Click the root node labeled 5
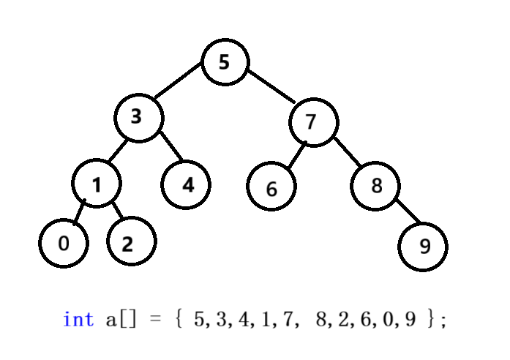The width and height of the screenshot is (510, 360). [x=225, y=62]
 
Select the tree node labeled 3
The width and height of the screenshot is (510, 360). [x=138, y=116]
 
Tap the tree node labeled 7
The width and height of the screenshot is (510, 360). [x=312, y=121]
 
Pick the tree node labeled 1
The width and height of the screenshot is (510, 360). [x=97, y=183]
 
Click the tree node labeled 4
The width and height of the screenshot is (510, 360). [x=186, y=184]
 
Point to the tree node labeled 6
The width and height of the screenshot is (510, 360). [x=271, y=187]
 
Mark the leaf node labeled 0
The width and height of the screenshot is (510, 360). [x=64, y=243]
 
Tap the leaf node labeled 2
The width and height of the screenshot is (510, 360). [x=131, y=242]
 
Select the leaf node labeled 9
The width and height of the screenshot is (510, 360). [x=423, y=246]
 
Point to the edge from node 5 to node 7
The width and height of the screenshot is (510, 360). [x=271, y=86]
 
